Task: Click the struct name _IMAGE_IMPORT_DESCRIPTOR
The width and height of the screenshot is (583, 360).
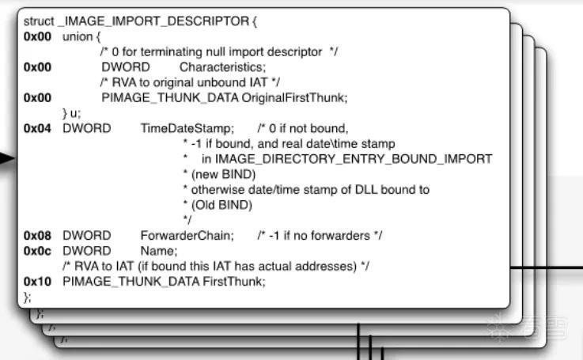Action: tap(153, 21)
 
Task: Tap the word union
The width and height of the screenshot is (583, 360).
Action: tap(78, 36)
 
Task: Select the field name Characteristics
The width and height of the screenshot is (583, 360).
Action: tap(221, 67)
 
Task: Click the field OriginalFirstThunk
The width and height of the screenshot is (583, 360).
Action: tap(293, 98)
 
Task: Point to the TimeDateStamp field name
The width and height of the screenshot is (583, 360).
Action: tap(187, 129)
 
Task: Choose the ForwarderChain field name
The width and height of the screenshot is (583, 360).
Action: tap(186, 236)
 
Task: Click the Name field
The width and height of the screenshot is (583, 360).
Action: tap(157, 251)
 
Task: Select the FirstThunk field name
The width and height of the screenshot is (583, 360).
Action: tap(233, 282)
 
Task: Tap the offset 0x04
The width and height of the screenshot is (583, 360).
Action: tap(37, 129)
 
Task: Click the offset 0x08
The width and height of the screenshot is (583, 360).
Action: tap(37, 236)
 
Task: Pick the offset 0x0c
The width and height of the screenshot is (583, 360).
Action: tap(37, 251)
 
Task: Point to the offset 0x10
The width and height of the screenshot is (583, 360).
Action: tap(37, 282)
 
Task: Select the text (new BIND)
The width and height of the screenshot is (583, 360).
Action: tap(223, 174)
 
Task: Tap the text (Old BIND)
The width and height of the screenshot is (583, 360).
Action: tap(221, 205)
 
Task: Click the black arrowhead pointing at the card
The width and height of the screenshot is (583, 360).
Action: tap(6, 159)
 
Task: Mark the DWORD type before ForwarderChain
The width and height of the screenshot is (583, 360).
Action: tap(87, 236)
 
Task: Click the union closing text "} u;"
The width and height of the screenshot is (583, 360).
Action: tap(71, 113)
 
